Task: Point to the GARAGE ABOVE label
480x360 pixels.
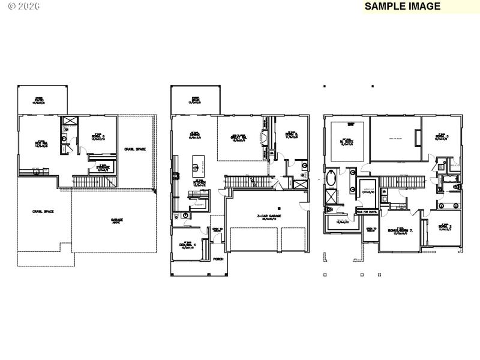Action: tap(116, 220)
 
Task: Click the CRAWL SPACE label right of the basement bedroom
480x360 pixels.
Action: tap(135, 148)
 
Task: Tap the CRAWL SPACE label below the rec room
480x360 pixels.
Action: tap(44, 212)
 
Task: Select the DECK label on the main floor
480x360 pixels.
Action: tap(195, 100)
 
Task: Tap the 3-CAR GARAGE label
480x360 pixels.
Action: tap(265, 217)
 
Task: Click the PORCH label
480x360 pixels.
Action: tap(218, 259)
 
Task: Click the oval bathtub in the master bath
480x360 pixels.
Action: tap(331, 179)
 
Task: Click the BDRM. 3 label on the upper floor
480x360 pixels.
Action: tap(442, 137)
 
